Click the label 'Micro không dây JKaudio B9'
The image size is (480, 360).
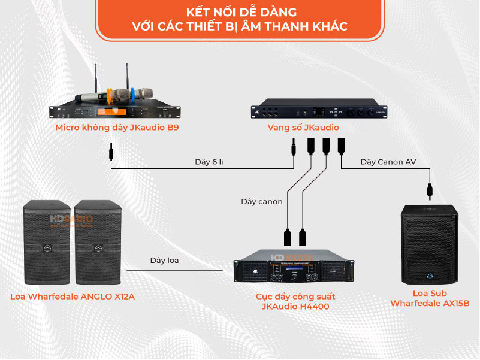[117, 128]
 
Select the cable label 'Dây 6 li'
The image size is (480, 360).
[210, 162]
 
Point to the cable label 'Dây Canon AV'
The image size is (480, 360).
[388, 162]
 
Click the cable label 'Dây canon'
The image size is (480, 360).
[261, 202]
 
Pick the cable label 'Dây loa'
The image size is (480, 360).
[164, 261]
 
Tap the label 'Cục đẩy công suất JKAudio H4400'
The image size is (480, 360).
[295, 301]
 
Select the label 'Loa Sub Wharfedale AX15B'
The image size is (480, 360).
[430, 298]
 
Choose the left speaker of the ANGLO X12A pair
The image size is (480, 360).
[47, 242]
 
